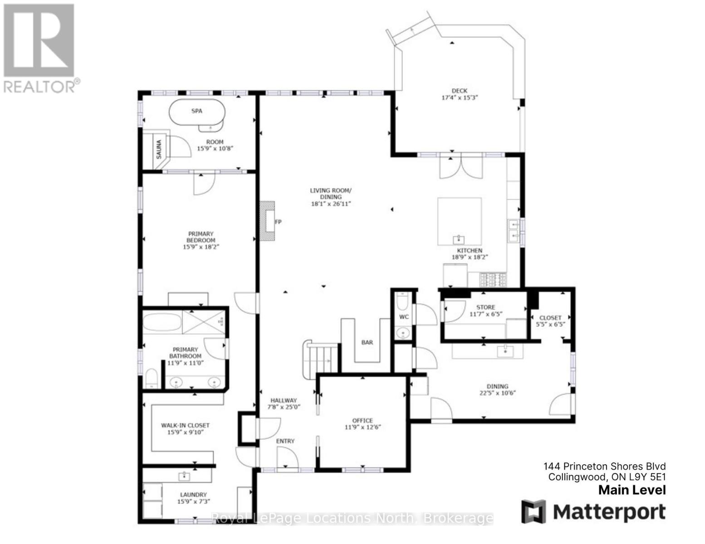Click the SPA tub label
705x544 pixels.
[x=196, y=111]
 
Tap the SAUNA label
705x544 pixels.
[x=159, y=149]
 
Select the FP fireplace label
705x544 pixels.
[x=278, y=222]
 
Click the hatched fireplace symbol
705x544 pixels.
[x=267, y=221]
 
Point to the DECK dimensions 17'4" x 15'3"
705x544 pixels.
[x=460, y=97]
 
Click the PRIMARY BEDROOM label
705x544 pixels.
[x=201, y=237]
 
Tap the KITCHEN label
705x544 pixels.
[x=470, y=250]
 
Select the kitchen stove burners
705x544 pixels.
[x=493, y=279]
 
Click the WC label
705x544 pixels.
[x=404, y=317]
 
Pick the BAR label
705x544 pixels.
[x=367, y=342]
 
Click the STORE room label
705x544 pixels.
[x=486, y=307]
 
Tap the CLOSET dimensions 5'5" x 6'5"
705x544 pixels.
[x=550, y=324]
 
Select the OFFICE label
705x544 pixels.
[x=362, y=421]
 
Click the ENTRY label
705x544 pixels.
[x=285, y=441]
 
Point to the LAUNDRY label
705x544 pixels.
[x=193, y=495]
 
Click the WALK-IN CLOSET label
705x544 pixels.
[x=185, y=425]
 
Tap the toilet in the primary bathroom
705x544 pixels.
[x=152, y=378]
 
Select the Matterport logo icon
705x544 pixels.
[x=534, y=511]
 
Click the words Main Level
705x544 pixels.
[x=632, y=490]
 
